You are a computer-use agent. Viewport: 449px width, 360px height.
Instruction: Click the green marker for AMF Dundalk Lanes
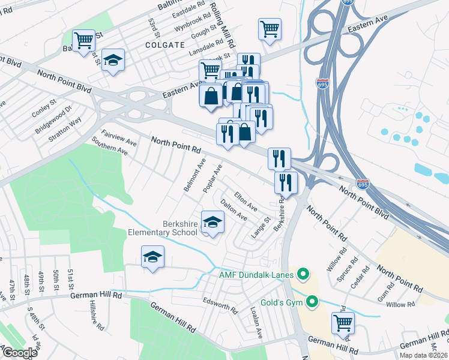303,275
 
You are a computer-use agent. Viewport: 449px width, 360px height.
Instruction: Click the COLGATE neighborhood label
164,44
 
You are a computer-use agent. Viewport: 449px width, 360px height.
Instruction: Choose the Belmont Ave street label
195,175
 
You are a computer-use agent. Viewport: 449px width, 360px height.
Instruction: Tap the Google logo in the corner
19,353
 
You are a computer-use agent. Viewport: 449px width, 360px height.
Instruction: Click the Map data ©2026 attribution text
424,355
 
